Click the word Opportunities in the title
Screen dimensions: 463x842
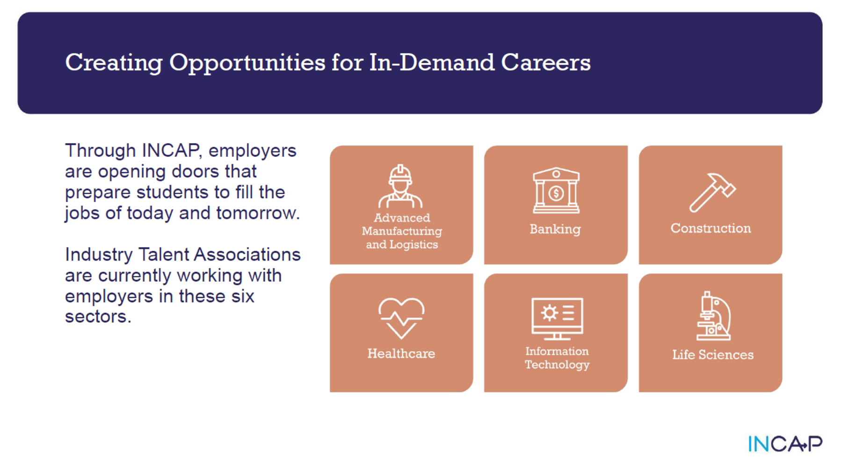[x=247, y=63]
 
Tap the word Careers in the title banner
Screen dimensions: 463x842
[x=545, y=62]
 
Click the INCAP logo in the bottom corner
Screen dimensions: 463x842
[x=784, y=443]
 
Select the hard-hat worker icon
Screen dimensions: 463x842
[x=400, y=186]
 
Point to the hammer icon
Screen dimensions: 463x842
[x=711, y=192]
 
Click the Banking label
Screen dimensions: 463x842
[x=555, y=229]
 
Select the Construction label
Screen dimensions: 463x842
[x=711, y=228]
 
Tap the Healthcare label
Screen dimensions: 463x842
[x=401, y=354]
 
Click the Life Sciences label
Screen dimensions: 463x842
[x=712, y=354]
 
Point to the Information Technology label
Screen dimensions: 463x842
[x=557, y=358]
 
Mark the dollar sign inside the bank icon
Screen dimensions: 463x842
[x=556, y=193]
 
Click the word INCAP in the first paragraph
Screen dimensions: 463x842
[x=171, y=151]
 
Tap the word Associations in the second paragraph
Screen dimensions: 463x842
[x=247, y=254]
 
